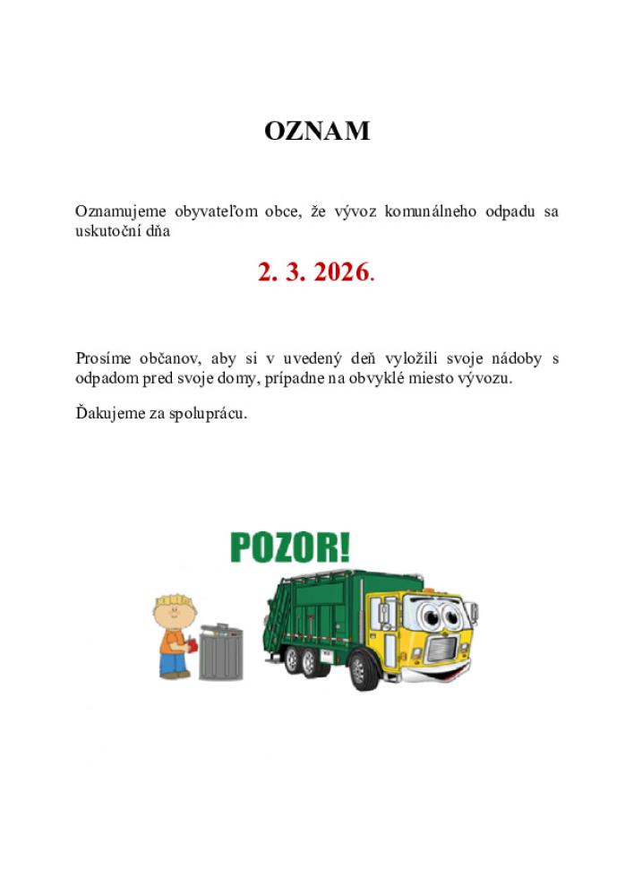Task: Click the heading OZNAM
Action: click(317, 132)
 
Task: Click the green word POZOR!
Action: click(290, 547)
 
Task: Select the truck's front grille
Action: click(445, 646)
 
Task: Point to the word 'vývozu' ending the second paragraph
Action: click(488, 378)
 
